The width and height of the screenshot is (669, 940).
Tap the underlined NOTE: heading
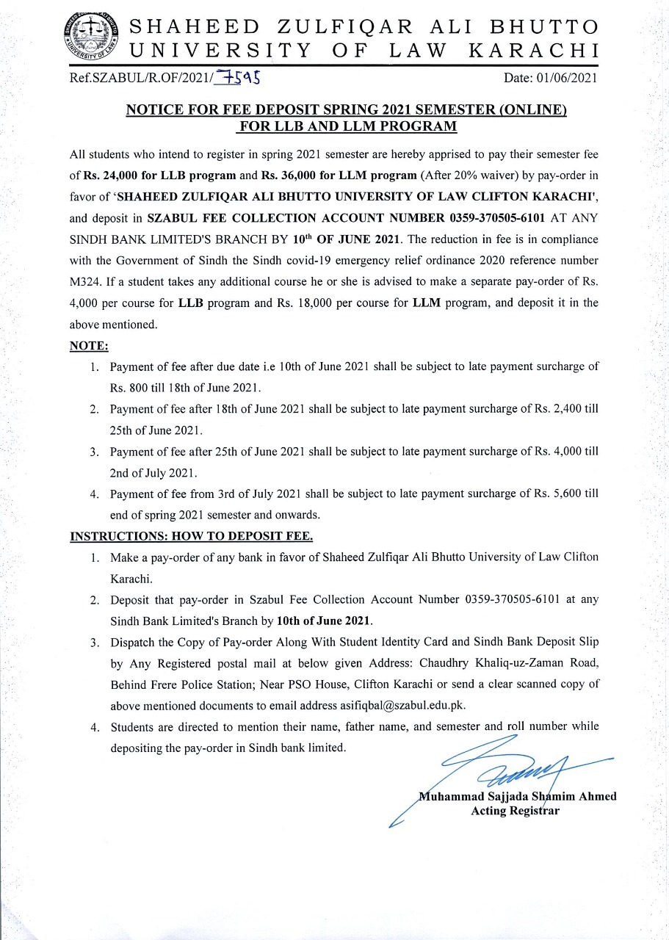[x=89, y=345]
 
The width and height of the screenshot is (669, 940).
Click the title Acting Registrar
[x=516, y=811]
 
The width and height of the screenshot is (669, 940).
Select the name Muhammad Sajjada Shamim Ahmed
[x=516, y=796]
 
